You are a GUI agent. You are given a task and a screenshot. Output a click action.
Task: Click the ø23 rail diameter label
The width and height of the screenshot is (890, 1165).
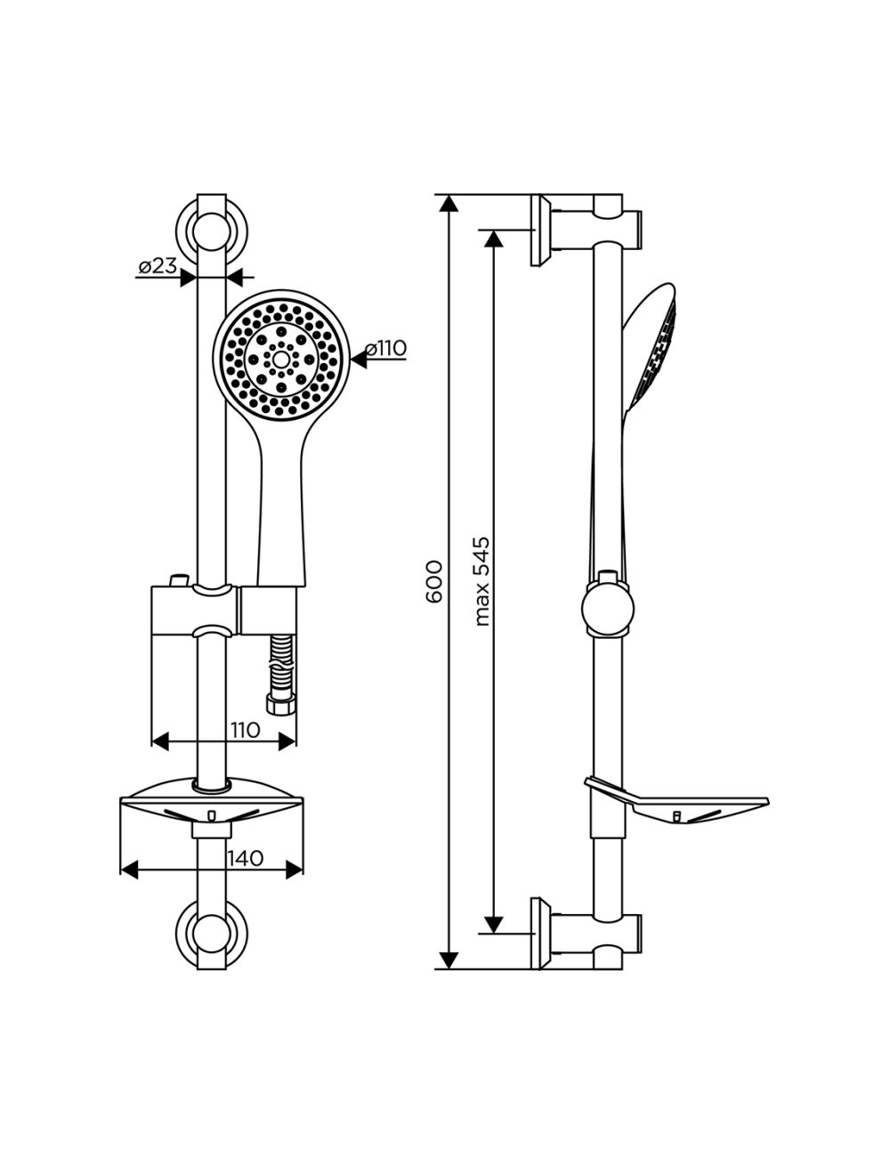(158, 266)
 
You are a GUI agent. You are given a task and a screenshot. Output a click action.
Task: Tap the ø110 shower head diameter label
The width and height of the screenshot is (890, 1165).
(385, 349)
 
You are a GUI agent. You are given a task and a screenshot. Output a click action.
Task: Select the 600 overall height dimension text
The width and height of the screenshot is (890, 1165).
(433, 581)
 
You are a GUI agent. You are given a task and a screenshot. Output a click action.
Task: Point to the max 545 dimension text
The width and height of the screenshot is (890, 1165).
(481, 582)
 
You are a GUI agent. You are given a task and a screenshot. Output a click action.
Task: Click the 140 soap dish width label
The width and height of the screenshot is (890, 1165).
(246, 858)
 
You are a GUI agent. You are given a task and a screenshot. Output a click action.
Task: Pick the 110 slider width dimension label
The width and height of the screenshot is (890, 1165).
(245, 731)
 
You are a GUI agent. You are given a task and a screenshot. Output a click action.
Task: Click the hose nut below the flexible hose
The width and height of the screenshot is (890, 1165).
(280, 707)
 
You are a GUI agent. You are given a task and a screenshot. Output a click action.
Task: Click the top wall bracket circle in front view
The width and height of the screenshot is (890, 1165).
(211, 231)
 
